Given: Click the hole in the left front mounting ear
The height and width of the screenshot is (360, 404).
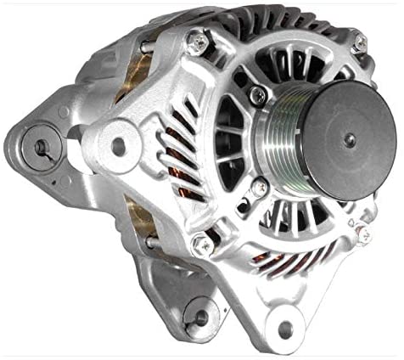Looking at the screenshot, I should [118, 145].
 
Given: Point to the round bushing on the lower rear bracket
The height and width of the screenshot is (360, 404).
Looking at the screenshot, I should [200, 317].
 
